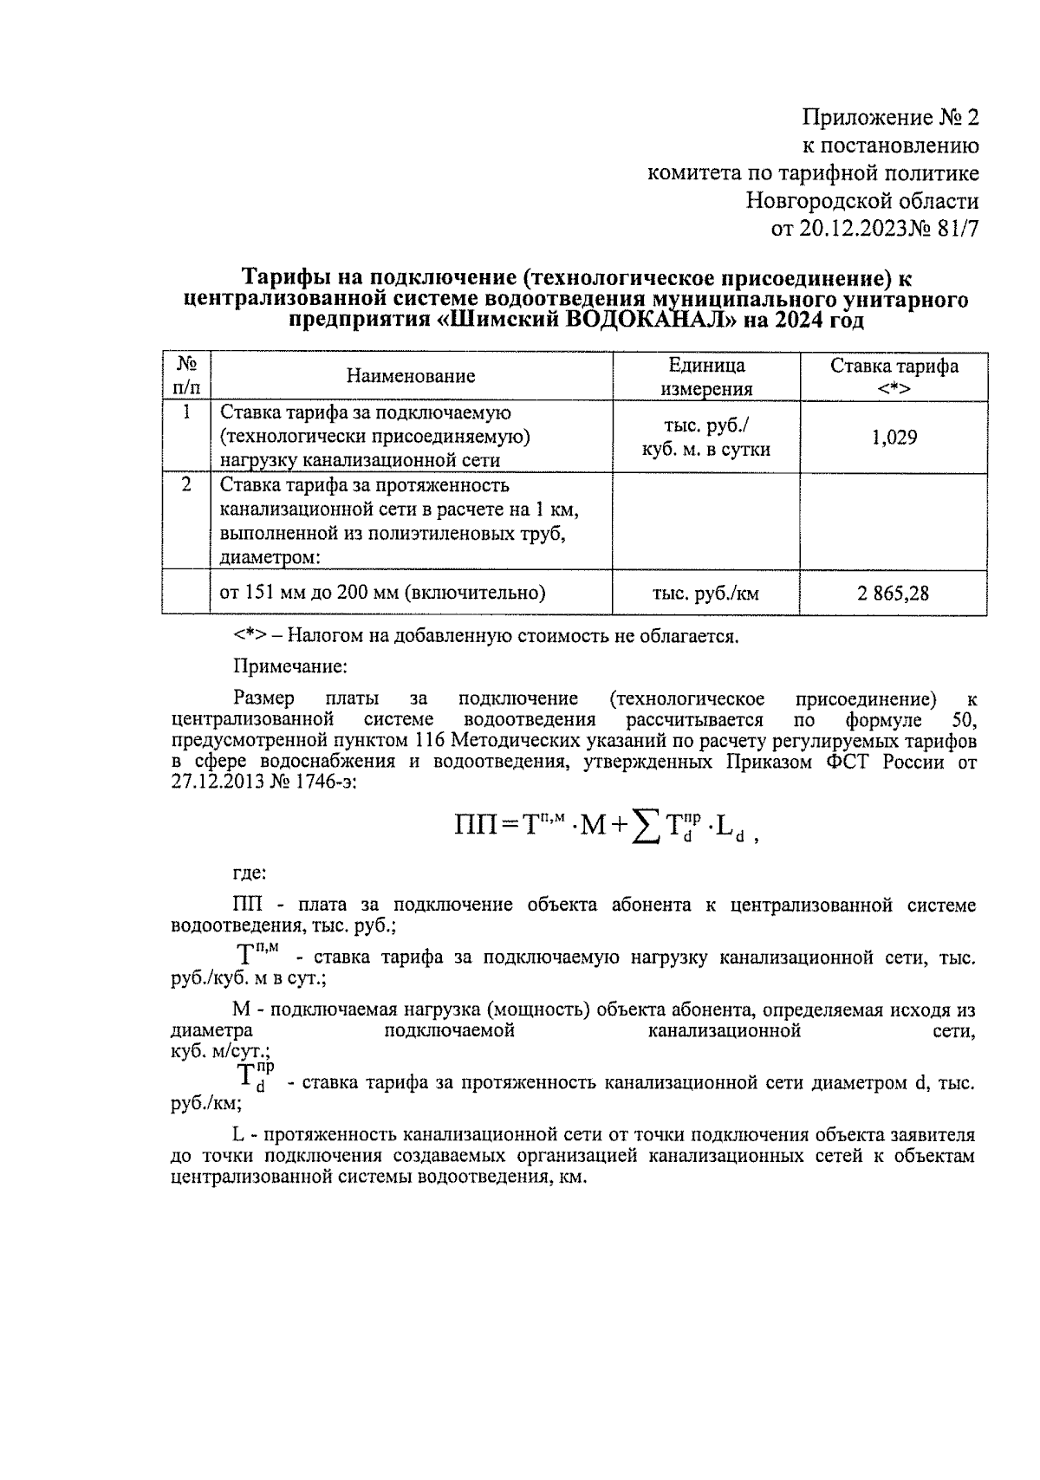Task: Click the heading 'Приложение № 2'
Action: [891, 118]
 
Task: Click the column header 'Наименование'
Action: [411, 376]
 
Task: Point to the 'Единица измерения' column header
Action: [706, 377]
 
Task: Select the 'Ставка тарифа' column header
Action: [894, 376]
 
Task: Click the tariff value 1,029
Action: [894, 438]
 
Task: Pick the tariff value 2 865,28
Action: [894, 594]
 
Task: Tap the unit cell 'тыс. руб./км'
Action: [705, 594]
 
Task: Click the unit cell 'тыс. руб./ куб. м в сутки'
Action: [705, 438]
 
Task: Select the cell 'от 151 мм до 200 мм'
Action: [382, 593]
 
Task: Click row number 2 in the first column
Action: [186, 484]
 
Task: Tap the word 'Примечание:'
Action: [290, 667]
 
